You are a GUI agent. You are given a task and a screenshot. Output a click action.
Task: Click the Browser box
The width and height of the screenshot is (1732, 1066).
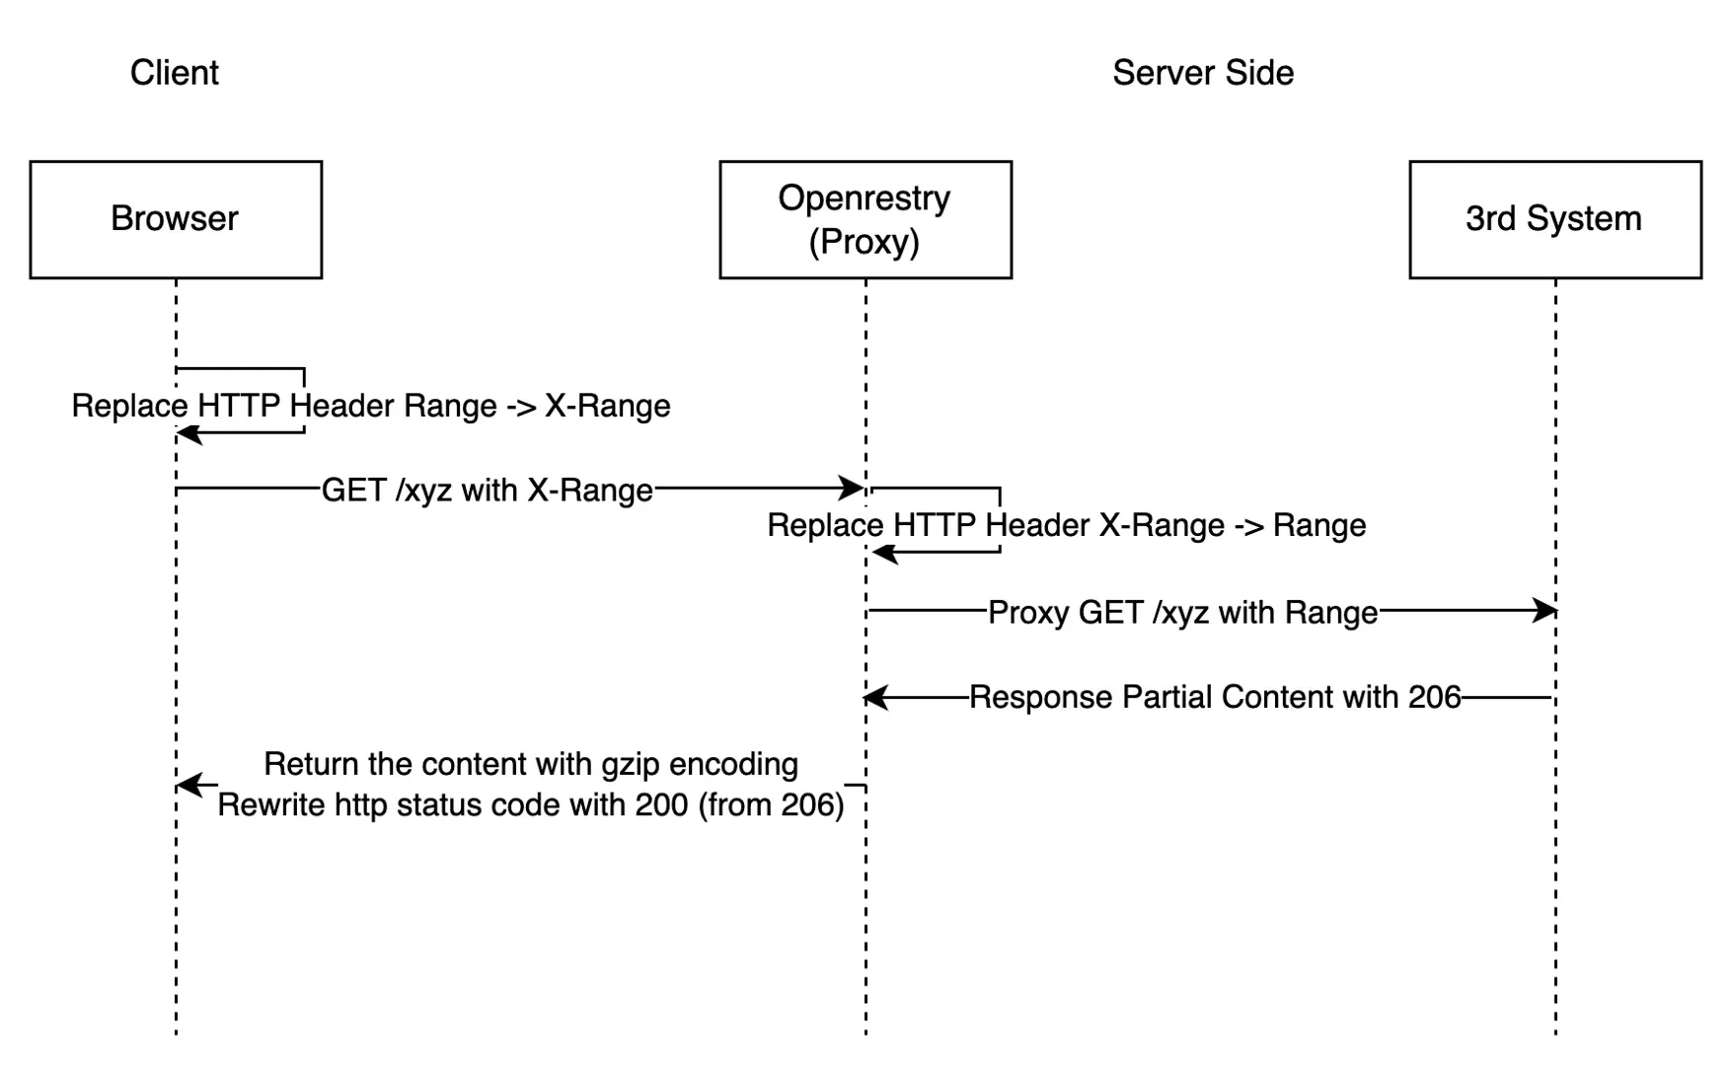pyautogui.click(x=176, y=219)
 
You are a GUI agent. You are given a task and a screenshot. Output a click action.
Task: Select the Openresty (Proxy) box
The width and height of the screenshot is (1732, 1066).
pyautogui.click(x=865, y=219)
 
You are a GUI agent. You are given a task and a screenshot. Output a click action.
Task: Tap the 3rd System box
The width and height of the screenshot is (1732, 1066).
pyautogui.click(x=1554, y=219)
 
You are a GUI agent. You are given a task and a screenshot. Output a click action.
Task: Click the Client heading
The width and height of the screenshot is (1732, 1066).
pyautogui.click(x=175, y=73)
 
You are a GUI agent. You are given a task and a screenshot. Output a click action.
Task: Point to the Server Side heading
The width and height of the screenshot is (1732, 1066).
pyautogui.click(x=1202, y=73)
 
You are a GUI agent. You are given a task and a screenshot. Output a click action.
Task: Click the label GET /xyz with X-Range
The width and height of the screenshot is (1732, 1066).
pyautogui.click(x=487, y=491)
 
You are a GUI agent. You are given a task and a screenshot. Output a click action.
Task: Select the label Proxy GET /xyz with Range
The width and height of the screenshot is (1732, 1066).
pyautogui.click(x=1182, y=613)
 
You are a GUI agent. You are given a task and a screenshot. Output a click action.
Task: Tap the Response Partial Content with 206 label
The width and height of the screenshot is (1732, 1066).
pyautogui.click(x=1214, y=698)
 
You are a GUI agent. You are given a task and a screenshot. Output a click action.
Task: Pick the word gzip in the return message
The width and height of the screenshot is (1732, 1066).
pyautogui.click(x=630, y=765)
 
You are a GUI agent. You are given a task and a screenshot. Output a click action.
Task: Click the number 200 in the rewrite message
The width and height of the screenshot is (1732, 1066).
pyautogui.click(x=661, y=805)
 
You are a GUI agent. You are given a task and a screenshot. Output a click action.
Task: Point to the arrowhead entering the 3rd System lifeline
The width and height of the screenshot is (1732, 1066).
pyautogui.click(x=1545, y=611)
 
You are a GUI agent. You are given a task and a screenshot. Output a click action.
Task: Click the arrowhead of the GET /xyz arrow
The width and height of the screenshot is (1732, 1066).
pyautogui.click(x=853, y=488)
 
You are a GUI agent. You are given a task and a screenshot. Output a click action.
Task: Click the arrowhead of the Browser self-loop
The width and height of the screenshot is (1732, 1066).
pyautogui.click(x=188, y=433)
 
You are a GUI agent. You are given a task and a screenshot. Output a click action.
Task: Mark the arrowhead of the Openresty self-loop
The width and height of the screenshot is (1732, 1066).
pyautogui.click(x=883, y=553)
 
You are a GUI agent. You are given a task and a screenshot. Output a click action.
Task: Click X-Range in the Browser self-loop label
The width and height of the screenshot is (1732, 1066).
pyautogui.click(x=607, y=407)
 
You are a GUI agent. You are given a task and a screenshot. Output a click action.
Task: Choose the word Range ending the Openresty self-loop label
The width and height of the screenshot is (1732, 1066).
pyautogui.click(x=1318, y=526)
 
